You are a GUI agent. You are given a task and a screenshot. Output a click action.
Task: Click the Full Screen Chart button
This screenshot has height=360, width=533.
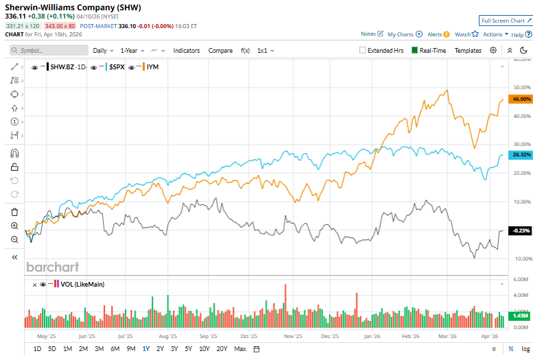tap(506, 21)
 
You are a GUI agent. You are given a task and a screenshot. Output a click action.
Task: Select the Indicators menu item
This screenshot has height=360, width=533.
tap(187, 50)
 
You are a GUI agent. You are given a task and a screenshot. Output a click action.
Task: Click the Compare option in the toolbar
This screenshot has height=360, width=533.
tap(220, 50)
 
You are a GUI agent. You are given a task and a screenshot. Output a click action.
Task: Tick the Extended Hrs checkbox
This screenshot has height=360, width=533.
tap(363, 50)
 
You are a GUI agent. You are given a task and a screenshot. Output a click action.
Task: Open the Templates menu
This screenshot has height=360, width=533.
tap(468, 50)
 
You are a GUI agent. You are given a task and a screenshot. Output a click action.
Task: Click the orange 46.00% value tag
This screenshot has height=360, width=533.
tap(521, 99)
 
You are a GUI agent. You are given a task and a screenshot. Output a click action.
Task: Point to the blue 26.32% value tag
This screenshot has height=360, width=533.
tap(521, 154)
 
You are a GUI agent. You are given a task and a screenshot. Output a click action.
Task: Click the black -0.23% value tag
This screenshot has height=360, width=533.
tap(521, 231)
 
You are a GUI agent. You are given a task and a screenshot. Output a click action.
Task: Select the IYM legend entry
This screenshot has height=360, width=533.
tap(152, 67)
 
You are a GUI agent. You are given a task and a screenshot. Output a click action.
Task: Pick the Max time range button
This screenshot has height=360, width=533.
tap(239, 349)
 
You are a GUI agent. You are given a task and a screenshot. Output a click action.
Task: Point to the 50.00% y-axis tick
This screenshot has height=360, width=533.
tap(523, 88)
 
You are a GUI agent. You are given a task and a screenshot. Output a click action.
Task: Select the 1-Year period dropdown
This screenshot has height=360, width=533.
tap(132, 50)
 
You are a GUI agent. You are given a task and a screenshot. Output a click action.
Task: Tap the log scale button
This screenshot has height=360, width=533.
tap(524, 349)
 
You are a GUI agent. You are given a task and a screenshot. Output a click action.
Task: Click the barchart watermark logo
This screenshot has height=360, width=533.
tap(53, 267)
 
